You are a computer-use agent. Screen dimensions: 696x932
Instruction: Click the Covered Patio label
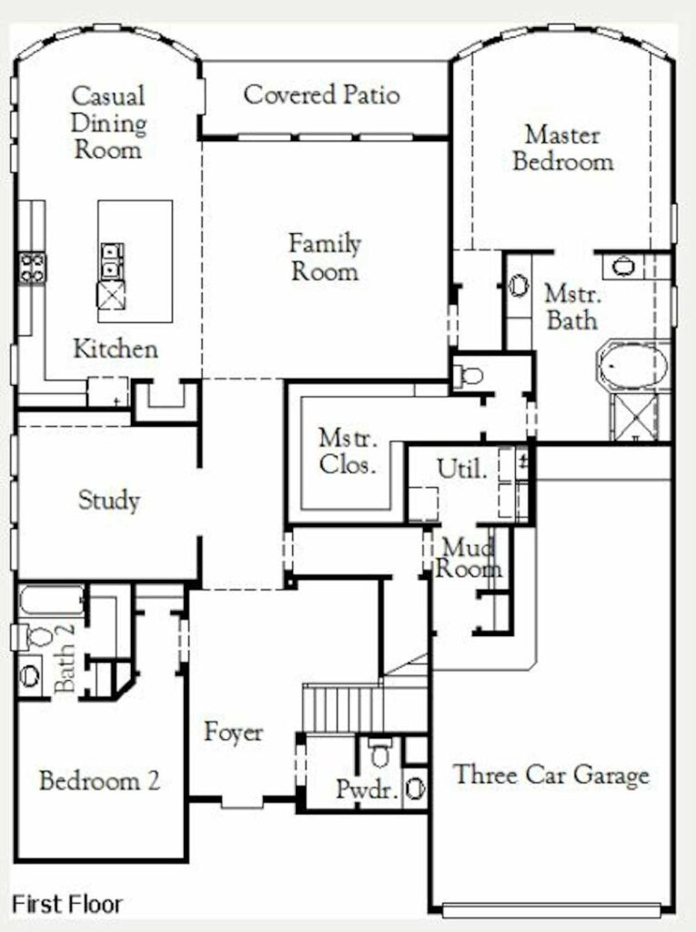(x=321, y=95)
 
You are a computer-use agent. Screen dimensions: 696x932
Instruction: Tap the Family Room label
(x=325, y=258)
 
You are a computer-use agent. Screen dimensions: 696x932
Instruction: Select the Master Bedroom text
(x=563, y=148)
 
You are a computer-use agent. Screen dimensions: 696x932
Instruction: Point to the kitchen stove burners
(x=32, y=268)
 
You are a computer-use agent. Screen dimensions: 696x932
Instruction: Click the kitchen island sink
(x=112, y=261)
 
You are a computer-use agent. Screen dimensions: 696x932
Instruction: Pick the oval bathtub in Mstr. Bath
(x=633, y=365)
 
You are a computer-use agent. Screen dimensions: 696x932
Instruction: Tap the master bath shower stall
(x=635, y=417)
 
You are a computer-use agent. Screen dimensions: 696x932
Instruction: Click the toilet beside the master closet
(x=468, y=375)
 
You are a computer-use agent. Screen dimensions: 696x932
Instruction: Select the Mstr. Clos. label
(x=348, y=451)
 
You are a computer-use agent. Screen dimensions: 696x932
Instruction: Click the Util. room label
(x=462, y=469)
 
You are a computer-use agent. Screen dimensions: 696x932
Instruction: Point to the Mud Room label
(x=468, y=558)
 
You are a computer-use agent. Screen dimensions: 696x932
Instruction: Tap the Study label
(x=109, y=500)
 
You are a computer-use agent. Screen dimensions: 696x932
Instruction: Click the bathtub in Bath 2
(x=51, y=602)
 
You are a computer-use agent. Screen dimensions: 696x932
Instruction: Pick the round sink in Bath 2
(x=30, y=675)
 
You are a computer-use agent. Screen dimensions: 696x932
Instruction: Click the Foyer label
(x=233, y=732)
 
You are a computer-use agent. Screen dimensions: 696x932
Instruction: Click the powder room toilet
(x=379, y=752)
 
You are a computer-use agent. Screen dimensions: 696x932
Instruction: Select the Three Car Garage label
(x=551, y=775)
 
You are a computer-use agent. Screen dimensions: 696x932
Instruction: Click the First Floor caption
(x=67, y=904)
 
